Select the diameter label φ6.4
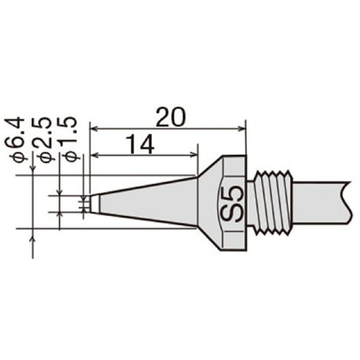click(17, 139)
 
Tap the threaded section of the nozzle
click(274, 203)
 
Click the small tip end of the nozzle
click(94, 203)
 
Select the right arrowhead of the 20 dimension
click(242, 129)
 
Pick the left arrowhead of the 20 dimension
click(94, 129)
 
